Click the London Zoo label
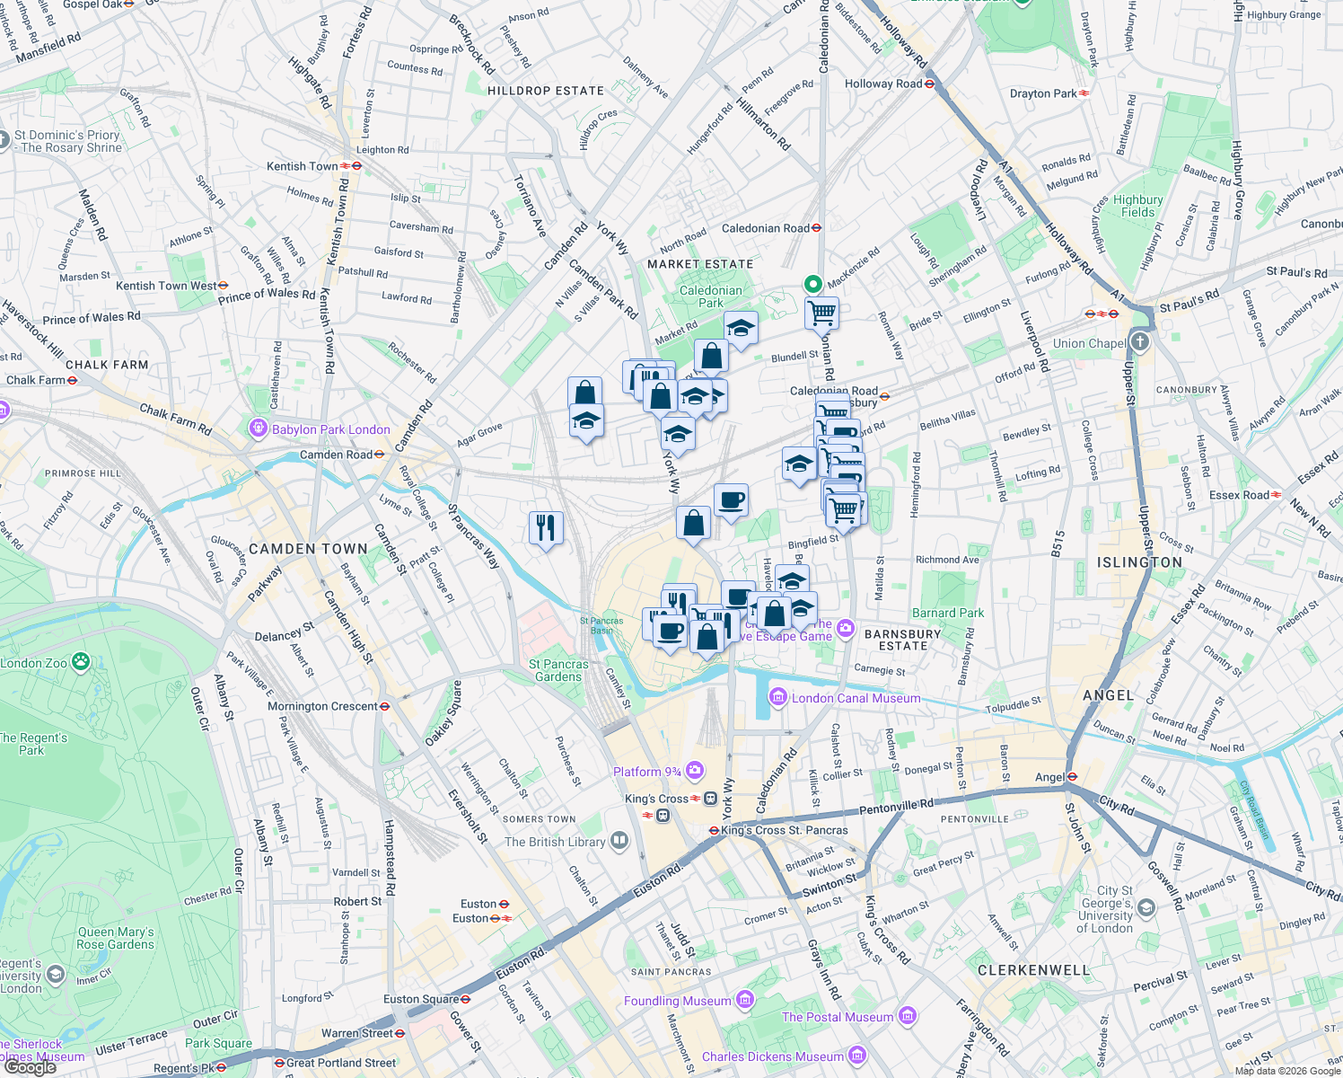(34, 663)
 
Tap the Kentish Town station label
(303, 166)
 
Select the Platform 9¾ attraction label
(647, 772)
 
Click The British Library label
(555, 842)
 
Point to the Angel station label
(1050, 777)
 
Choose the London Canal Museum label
(856, 698)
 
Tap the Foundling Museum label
(678, 1001)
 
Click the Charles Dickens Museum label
(773, 1056)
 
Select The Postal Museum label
(838, 1017)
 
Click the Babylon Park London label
(330, 429)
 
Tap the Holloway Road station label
(883, 84)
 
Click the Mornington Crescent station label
(322, 706)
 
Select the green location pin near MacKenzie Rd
(812, 284)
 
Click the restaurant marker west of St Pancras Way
(546, 526)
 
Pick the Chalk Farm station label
(36, 380)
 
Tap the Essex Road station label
(1240, 495)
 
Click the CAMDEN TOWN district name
(308, 549)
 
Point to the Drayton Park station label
(1043, 93)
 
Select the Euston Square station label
(421, 999)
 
